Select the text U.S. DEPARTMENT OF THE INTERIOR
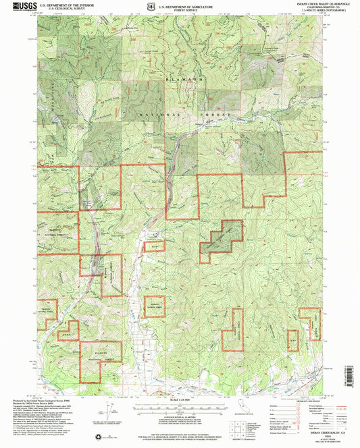(x=66, y=5)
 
